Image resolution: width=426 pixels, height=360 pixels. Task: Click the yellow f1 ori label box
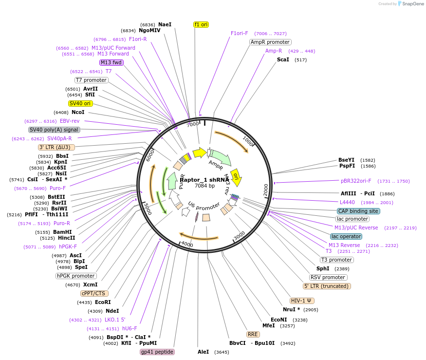[x=201, y=24]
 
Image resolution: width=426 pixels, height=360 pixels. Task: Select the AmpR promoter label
[x=270, y=42]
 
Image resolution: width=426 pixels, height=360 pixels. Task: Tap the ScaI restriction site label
[x=283, y=59]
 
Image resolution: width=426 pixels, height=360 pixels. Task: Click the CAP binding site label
[x=358, y=211]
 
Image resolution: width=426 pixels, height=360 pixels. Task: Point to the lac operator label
[x=346, y=236]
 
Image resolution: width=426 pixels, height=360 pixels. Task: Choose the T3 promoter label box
[x=337, y=260]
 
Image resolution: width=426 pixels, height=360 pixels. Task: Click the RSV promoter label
[x=328, y=277]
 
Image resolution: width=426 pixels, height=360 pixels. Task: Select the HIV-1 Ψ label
[x=302, y=301]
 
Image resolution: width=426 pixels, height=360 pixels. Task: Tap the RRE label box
[x=253, y=334]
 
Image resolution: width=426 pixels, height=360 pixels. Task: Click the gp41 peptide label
[x=157, y=352]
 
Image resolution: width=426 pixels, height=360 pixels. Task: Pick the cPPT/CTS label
[x=93, y=293]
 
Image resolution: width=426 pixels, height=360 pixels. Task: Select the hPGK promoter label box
[x=76, y=276]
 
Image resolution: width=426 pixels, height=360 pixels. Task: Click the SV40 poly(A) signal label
[x=54, y=130]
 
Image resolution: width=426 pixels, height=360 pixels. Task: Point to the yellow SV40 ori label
[x=80, y=103]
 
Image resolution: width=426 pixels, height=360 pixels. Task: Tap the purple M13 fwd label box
[x=111, y=62]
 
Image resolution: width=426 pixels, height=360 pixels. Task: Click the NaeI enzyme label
[x=165, y=24]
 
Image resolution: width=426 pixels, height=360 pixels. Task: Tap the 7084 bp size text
[x=204, y=186]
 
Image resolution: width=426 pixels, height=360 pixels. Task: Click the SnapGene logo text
[x=411, y=4]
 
